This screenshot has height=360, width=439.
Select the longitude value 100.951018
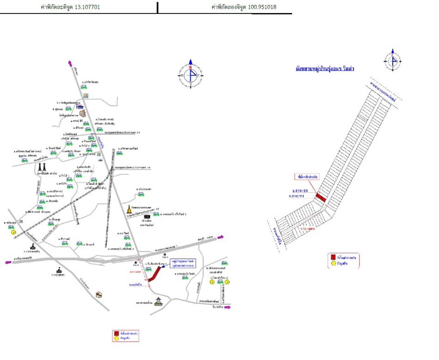(x=264, y=7)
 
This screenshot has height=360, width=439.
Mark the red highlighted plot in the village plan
(x=321, y=197)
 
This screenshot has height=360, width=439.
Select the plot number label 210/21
(x=297, y=197)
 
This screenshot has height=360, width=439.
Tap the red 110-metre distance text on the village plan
(x=307, y=228)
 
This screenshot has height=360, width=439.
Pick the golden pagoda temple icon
(x=129, y=209)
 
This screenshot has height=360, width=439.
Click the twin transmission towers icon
(x=42, y=167)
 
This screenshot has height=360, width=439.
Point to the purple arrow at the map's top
(x=70, y=63)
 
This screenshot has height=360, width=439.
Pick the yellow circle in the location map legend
(x=116, y=339)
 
